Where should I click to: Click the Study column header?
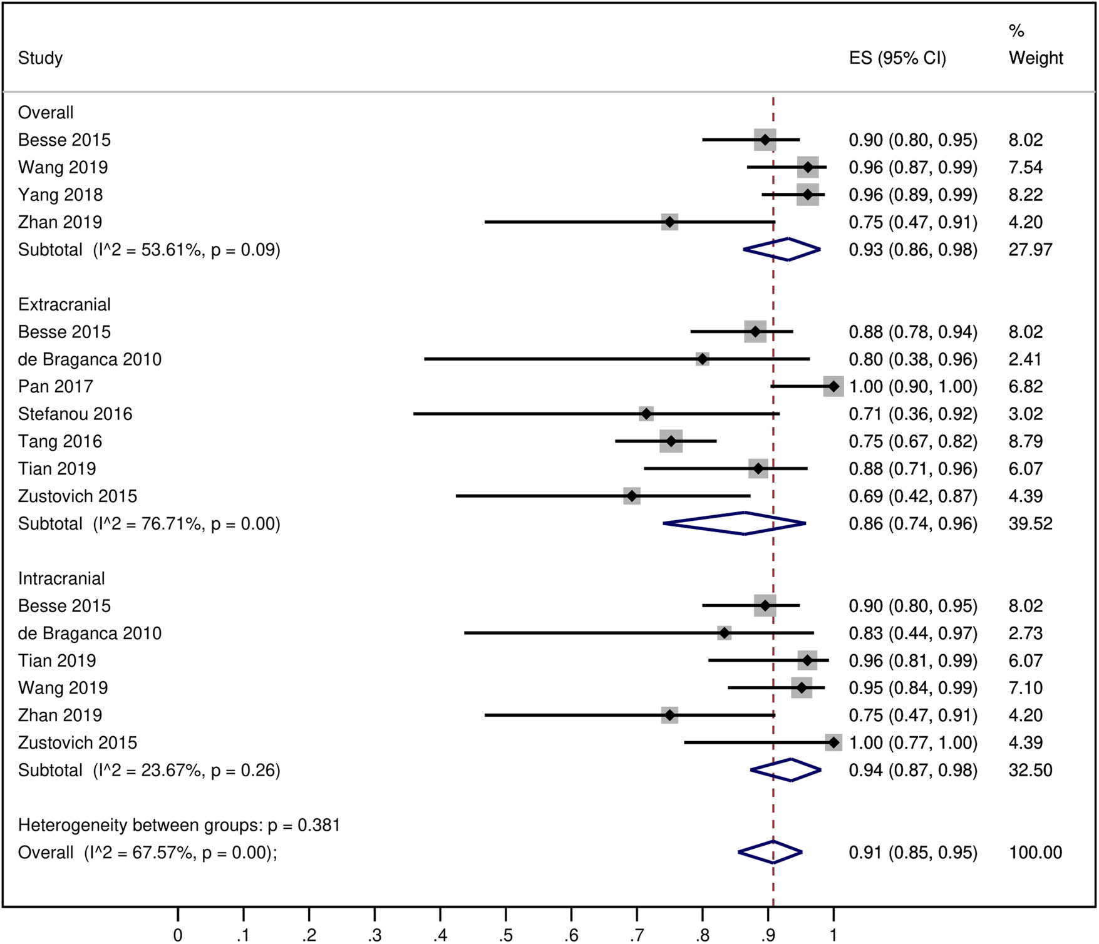pos(40,58)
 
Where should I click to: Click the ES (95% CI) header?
pos(897,58)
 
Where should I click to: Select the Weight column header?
pos(1035,58)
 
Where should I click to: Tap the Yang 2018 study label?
pos(60,195)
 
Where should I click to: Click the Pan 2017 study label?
pos(55,386)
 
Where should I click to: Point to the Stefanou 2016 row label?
pos(75,414)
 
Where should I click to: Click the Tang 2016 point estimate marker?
pos(671,441)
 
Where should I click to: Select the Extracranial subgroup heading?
pos(64,304)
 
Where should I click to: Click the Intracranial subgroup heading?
pos(61,578)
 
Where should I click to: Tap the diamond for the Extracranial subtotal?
pos(735,523)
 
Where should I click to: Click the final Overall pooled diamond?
pos(770,853)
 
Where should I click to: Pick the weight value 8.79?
pos(1025,441)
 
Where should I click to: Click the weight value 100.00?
pos(1035,853)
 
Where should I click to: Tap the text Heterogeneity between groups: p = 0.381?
pos(178,825)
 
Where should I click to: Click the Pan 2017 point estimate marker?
pos(833,386)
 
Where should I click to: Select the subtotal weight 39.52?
pos(1030,523)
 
